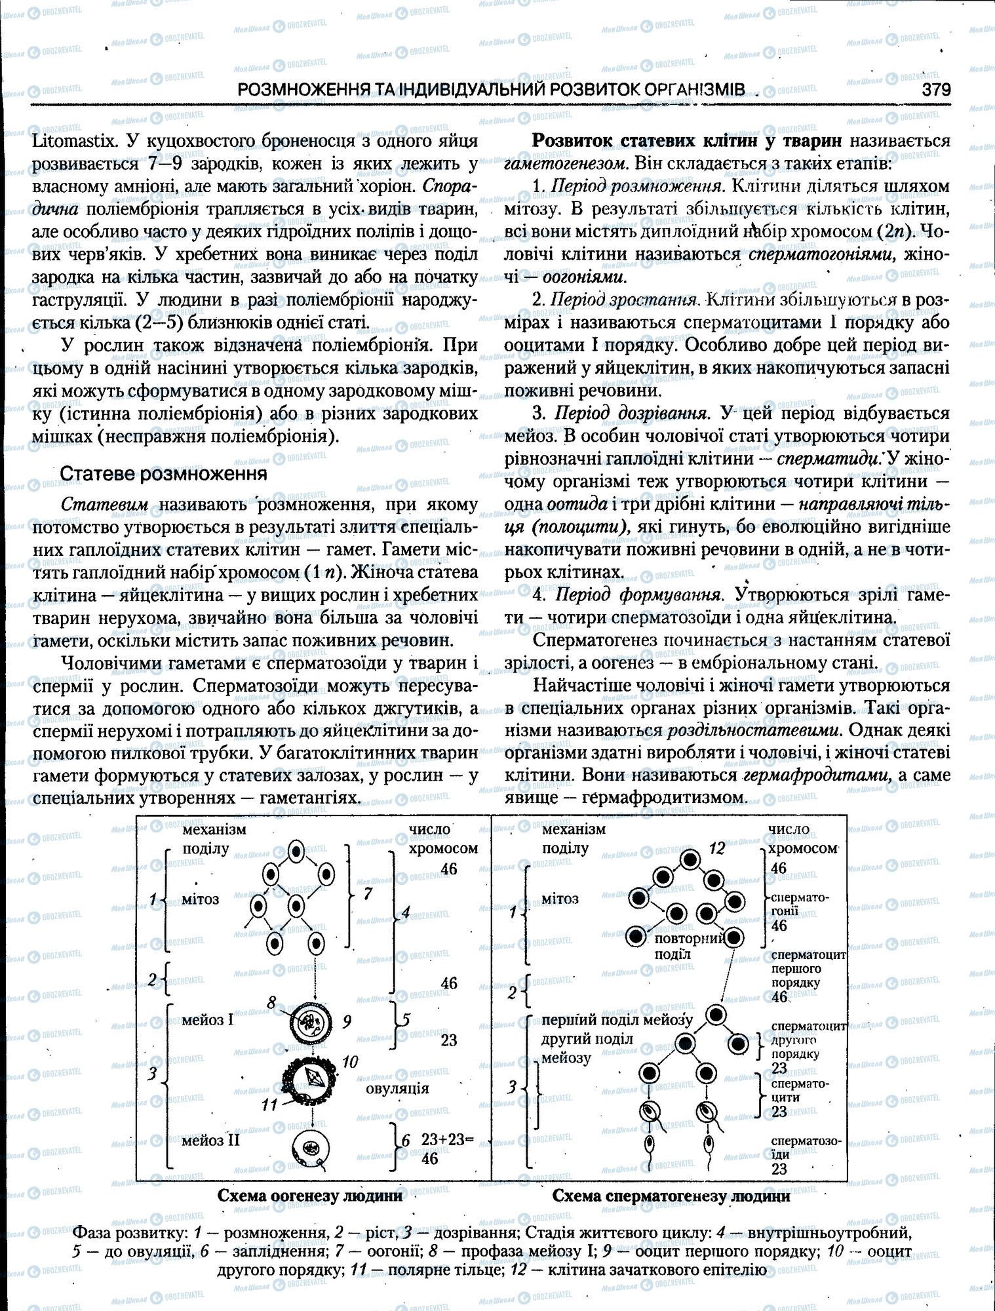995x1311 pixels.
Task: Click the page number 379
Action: [935, 90]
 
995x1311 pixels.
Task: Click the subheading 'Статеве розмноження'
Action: [163, 473]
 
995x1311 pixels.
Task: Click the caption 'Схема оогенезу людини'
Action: [310, 1195]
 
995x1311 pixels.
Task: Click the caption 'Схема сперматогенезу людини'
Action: [671, 1195]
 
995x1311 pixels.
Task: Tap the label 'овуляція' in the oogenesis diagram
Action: [397, 1088]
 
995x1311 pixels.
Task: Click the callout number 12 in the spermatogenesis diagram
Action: [716, 848]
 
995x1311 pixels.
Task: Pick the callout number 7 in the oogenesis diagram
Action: [368, 893]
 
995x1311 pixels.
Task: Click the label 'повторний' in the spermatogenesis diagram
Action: [690, 938]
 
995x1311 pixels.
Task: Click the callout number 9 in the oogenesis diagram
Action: [347, 1021]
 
